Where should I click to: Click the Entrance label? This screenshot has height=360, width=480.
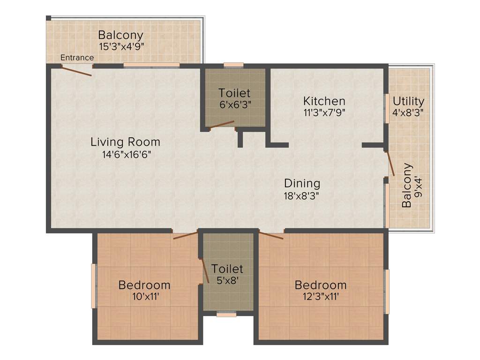click(77, 58)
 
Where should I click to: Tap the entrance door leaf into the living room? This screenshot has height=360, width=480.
click(76, 71)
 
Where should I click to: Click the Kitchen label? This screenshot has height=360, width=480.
click(324, 101)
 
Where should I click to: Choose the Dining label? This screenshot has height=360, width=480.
click(302, 183)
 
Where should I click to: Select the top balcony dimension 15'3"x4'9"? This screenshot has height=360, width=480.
click(121, 46)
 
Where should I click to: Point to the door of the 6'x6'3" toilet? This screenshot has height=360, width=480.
click(222, 124)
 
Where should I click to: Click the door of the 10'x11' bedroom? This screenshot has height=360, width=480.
click(185, 235)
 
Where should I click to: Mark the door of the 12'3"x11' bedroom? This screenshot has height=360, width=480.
click(271, 235)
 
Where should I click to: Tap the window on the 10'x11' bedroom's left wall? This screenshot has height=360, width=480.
click(94, 286)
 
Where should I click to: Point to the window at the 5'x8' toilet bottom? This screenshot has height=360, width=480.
click(226, 315)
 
